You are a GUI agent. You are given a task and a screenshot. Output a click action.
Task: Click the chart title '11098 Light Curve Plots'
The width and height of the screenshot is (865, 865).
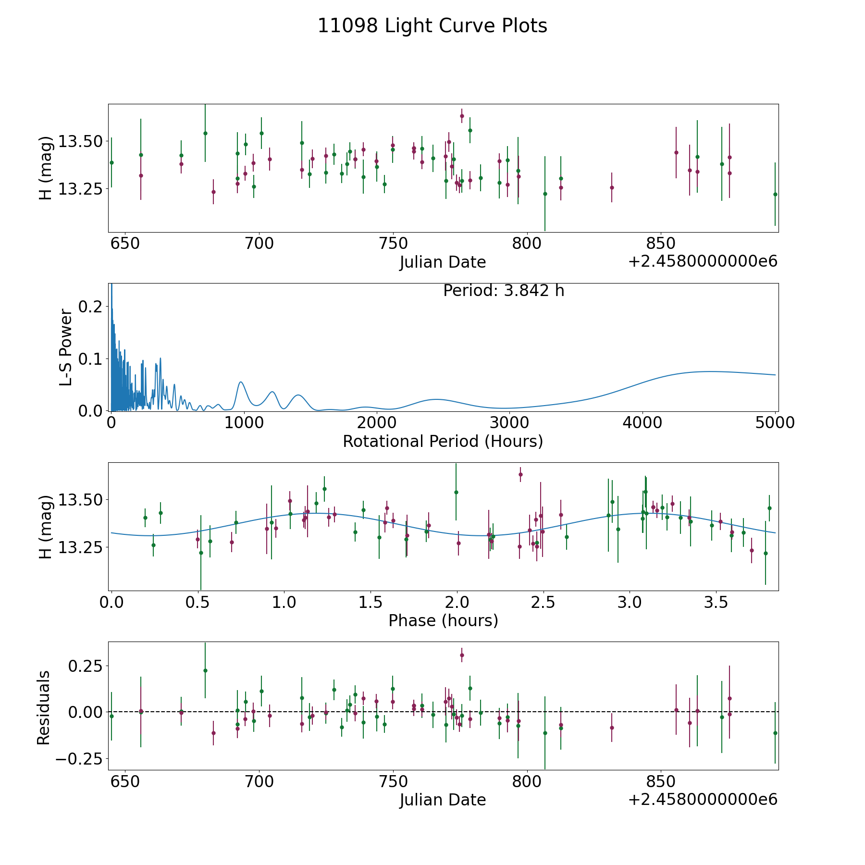point(432,26)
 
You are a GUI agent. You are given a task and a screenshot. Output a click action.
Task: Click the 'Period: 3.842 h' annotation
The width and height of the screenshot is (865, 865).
point(503,291)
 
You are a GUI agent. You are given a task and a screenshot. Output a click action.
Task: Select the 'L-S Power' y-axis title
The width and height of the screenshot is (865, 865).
point(66,347)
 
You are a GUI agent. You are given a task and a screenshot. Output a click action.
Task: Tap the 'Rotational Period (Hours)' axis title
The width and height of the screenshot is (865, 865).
point(443,441)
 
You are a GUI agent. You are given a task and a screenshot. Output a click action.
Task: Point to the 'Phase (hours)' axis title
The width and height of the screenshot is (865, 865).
point(443,620)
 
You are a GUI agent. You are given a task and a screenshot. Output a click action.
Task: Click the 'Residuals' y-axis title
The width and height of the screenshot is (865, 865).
point(44,708)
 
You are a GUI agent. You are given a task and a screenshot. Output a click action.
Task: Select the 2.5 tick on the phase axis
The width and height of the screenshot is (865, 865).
point(544,603)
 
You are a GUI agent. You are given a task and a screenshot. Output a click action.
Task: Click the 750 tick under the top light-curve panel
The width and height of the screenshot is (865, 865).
point(393,244)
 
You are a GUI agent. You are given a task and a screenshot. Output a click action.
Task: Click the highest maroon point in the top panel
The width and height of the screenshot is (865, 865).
point(462,116)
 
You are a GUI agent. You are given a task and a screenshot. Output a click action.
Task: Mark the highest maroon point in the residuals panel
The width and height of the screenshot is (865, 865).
point(462,655)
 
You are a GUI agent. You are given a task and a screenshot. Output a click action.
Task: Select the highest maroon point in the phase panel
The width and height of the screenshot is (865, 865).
point(520,474)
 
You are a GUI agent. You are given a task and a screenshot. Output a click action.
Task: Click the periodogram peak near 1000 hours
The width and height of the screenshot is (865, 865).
point(241,382)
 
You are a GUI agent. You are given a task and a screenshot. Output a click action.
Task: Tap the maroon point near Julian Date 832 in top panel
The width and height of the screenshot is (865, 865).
point(612,187)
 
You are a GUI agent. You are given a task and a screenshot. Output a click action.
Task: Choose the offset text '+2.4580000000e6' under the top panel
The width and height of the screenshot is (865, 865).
point(703,262)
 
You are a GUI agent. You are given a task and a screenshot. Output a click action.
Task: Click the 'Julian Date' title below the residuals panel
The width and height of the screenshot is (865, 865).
point(443,800)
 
